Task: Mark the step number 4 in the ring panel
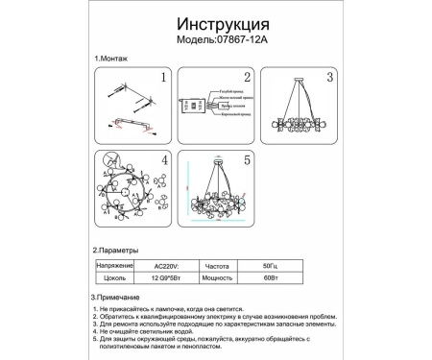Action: (x=164, y=162)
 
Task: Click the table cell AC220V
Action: (x=166, y=263)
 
